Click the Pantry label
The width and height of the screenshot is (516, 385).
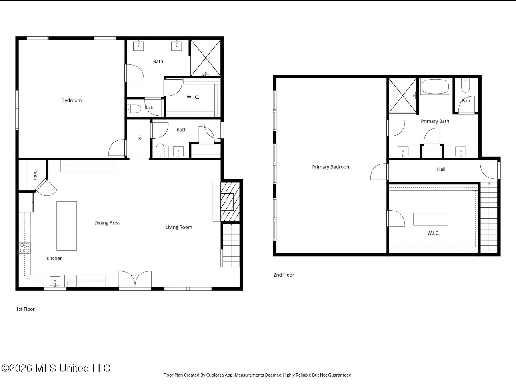[x=36, y=175]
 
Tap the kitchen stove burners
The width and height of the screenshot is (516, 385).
[x=25, y=248]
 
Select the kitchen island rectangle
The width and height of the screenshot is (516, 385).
[x=66, y=226]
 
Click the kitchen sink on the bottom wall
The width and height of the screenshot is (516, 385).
[x=55, y=281]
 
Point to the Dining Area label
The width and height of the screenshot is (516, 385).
[x=107, y=223]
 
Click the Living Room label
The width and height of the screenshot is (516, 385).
[x=179, y=227]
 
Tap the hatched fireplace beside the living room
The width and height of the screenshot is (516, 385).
[x=230, y=202]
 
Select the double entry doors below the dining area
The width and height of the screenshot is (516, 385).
[x=135, y=279]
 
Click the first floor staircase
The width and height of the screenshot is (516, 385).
[x=231, y=245]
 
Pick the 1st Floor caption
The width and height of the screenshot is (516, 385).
[x=25, y=309]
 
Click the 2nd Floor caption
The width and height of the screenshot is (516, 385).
[x=284, y=275]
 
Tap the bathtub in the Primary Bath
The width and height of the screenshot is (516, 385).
[x=435, y=86]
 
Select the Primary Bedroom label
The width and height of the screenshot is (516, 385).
[x=332, y=167]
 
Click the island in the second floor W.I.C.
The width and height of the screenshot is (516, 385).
[x=431, y=219]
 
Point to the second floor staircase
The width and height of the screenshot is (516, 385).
[x=489, y=217]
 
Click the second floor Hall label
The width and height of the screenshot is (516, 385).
[x=441, y=169]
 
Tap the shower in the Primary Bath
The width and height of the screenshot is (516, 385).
[x=403, y=96]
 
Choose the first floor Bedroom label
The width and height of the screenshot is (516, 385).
[x=72, y=100]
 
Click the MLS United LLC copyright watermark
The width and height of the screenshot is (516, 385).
[x=56, y=368]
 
